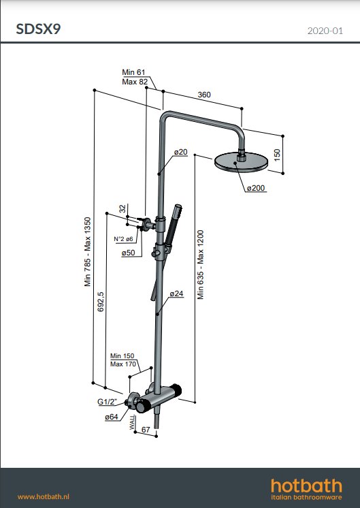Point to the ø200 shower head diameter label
click(x=255, y=187)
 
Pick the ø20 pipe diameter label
click(x=180, y=152)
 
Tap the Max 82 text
click(x=135, y=82)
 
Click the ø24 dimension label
click(x=176, y=293)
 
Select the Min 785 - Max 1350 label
click(x=88, y=253)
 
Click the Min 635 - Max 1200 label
click(x=201, y=265)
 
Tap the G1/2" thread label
click(x=108, y=402)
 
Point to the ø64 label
click(x=112, y=417)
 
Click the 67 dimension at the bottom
click(x=145, y=430)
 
